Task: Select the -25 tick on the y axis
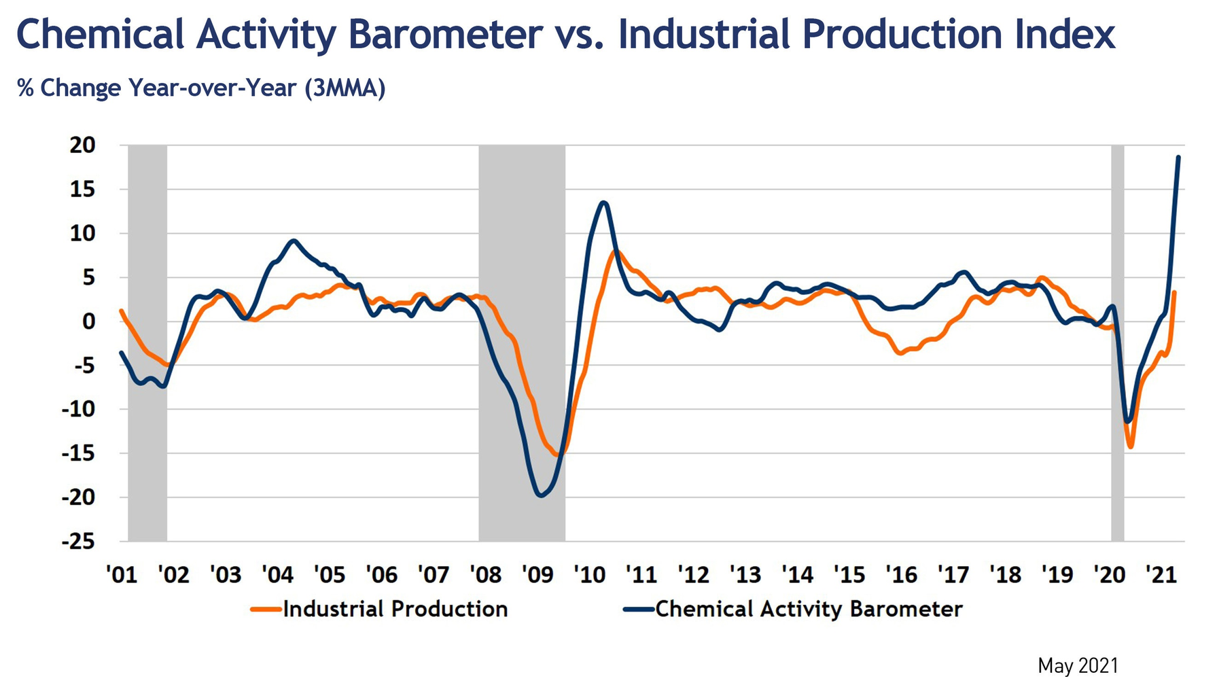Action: click(x=78, y=542)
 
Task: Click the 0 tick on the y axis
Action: click(x=89, y=321)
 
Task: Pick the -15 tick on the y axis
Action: click(x=78, y=453)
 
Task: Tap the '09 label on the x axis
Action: click(x=537, y=575)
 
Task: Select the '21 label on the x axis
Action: click(x=1161, y=575)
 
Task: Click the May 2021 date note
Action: click(x=1078, y=666)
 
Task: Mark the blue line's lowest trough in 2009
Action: click(x=541, y=495)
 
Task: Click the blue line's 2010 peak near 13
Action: click(x=604, y=203)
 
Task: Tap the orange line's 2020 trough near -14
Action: click(x=1131, y=446)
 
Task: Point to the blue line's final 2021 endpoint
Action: click(x=1178, y=158)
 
